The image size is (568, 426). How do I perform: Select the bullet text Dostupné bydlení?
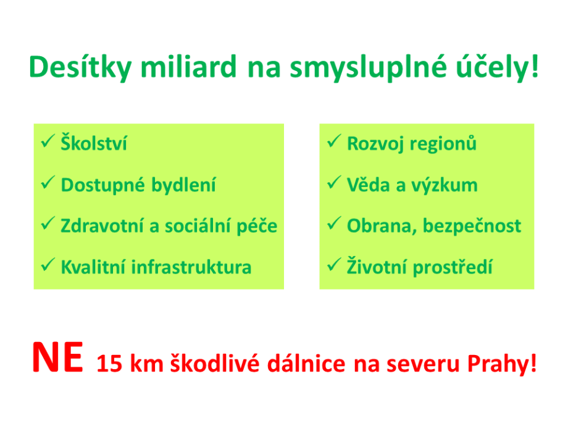coord(138,185)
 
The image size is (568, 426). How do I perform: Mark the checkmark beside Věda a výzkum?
coord(334,184)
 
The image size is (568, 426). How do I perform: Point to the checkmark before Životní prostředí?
coord(334,266)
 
